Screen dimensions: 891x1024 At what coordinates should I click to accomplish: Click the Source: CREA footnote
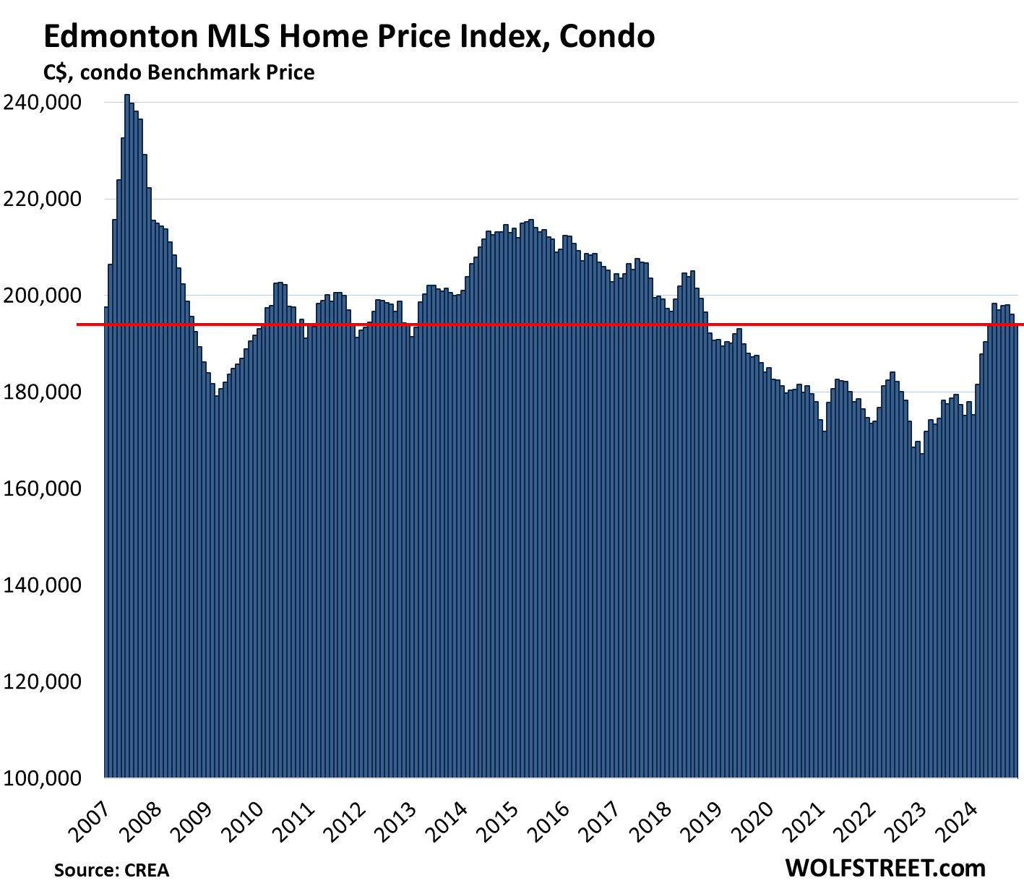click(x=111, y=870)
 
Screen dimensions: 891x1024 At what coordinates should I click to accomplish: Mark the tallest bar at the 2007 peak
click(x=127, y=434)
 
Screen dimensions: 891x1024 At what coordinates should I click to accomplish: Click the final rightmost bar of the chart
click(x=1016, y=549)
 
